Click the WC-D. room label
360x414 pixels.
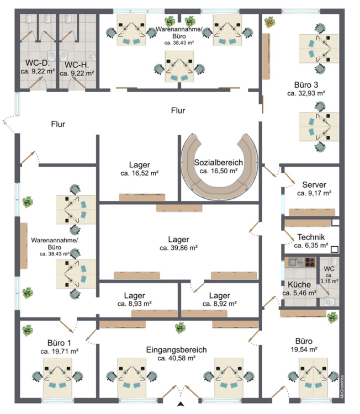click(36, 63)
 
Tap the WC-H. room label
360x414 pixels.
click(77, 63)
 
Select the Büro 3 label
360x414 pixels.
click(306, 85)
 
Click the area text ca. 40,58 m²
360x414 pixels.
click(176, 358)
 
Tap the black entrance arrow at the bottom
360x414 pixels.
click(180, 406)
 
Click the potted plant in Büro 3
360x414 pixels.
click(270, 22)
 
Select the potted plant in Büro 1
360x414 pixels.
click(27, 330)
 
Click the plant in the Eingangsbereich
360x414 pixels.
click(179, 328)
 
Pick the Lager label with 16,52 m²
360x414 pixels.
click(139, 164)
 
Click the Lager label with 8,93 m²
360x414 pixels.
click(134, 295)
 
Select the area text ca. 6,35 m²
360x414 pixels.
click(311, 246)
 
